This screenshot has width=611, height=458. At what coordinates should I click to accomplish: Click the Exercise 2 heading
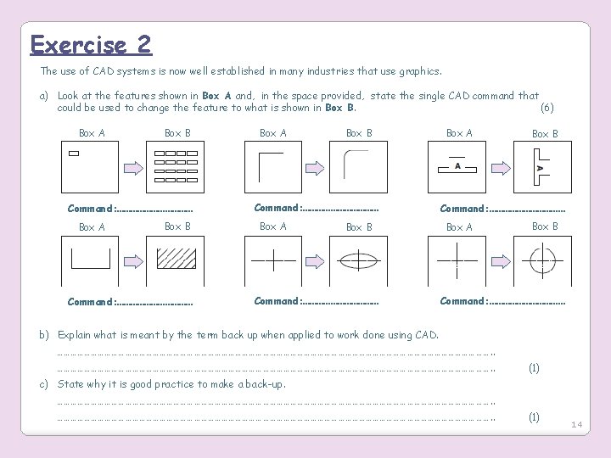(x=91, y=44)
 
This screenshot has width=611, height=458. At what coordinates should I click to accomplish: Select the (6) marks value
(x=547, y=108)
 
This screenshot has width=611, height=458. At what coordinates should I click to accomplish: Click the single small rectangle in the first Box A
(x=73, y=154)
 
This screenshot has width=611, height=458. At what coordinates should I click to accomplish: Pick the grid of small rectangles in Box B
(x=177, y=166)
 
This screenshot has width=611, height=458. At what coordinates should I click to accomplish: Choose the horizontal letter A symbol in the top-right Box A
(x=458, y=166)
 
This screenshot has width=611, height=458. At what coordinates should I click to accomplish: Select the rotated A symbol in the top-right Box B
(x=539, y=167)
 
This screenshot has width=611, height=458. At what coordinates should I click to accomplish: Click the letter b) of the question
(x=46, y=335)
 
